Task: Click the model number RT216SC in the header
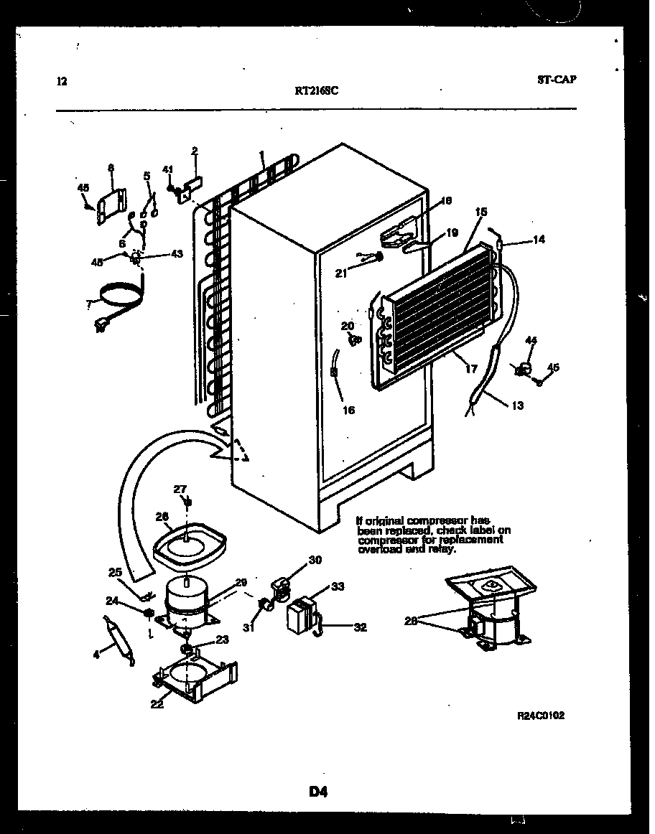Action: coord(317,91)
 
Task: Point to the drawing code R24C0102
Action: coord(541,716)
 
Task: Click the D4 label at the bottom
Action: coord(319,792)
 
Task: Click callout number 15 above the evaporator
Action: coord(480,212)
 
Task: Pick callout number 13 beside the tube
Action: coord(517,406)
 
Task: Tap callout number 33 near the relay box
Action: coord(338,586)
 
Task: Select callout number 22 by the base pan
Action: coord(157,704)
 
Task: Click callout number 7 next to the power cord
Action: coord(88,305)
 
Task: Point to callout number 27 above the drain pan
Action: coord(180,489)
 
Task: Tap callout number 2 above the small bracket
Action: coord(195,151)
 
